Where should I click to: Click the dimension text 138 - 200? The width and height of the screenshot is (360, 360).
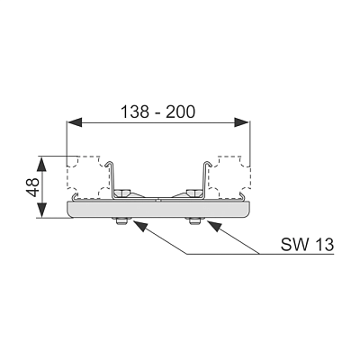[157, 112]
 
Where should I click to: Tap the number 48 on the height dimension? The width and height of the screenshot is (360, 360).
[32, 187]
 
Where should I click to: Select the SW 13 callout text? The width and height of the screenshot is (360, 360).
[307, 245]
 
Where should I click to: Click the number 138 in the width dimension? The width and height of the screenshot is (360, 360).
[135, 112]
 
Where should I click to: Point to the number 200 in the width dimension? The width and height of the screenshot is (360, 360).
[180, 112]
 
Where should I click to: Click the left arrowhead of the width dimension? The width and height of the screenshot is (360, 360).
[74, 122]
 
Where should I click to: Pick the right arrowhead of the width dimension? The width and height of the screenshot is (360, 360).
[241, 122]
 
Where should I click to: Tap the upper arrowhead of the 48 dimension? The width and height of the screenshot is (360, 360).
[41, 164]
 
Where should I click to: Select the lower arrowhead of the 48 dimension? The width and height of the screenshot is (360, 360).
[41, 210]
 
